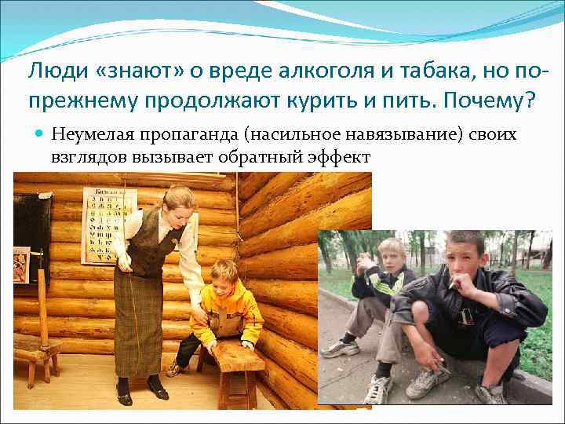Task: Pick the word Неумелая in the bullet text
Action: click(x=87, y=134)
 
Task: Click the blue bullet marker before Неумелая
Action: click(x=39, y=134)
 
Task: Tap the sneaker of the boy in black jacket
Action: click(x=428, y=383)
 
